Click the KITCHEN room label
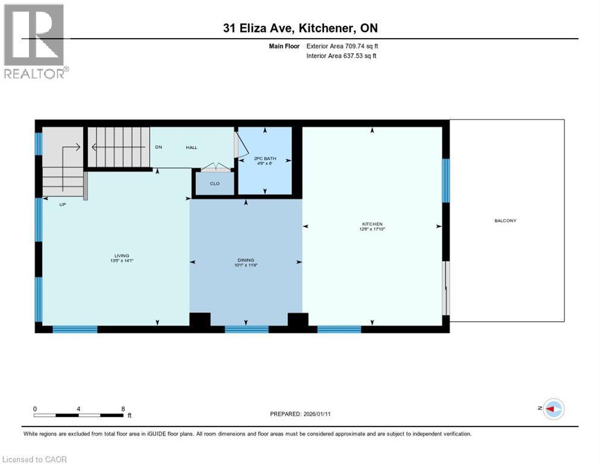pos(373,224)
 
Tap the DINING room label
pos(245,260)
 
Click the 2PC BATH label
pos(265,155)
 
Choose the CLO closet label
pos(215,184)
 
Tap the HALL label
pos(191,147)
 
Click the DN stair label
pos(158,147)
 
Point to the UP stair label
pos(62,205)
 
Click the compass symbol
pos(553,409)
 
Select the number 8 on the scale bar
pos(123,408)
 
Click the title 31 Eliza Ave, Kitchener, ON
pos(301,28)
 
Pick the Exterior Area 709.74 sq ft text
pos(342,46)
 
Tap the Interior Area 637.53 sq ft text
pos(342,56)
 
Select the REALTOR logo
pos(35,41)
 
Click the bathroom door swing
pos(241,145)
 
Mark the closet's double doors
pos(215,167)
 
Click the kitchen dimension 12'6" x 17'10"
pos(373,229)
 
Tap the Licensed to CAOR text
pos(34,459)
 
